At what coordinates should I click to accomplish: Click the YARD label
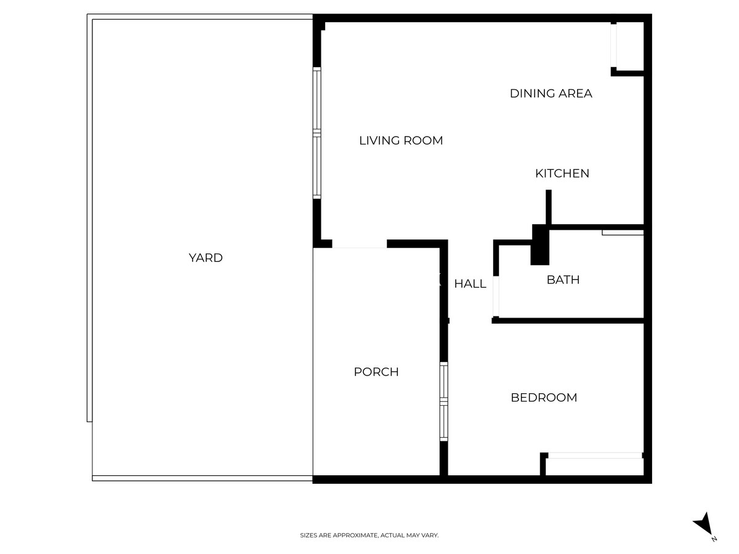coord(205,258)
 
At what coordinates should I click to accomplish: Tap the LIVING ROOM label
coord(401,141)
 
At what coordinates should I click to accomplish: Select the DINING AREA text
coord(551,94)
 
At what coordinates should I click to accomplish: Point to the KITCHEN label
coord(562,174)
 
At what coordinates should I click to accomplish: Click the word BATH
coord(563,280)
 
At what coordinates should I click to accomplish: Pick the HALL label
coord(470,284)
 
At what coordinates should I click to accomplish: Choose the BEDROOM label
coord(544,398)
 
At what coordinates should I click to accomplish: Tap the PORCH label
coord(376,372)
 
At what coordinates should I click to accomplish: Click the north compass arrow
coord(703,525)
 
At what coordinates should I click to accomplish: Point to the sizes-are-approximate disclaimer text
coord(369,536)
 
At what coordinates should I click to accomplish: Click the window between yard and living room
coord(317,133)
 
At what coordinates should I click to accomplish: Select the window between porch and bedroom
coord(443,401)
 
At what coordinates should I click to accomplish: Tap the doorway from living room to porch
coord(359,244)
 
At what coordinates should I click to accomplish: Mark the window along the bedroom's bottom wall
coord(594,456)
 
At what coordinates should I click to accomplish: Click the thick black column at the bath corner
coord(539,244)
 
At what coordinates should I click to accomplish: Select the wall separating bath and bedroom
coord(568,321)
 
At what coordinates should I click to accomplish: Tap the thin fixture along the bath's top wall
coord(623,233)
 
